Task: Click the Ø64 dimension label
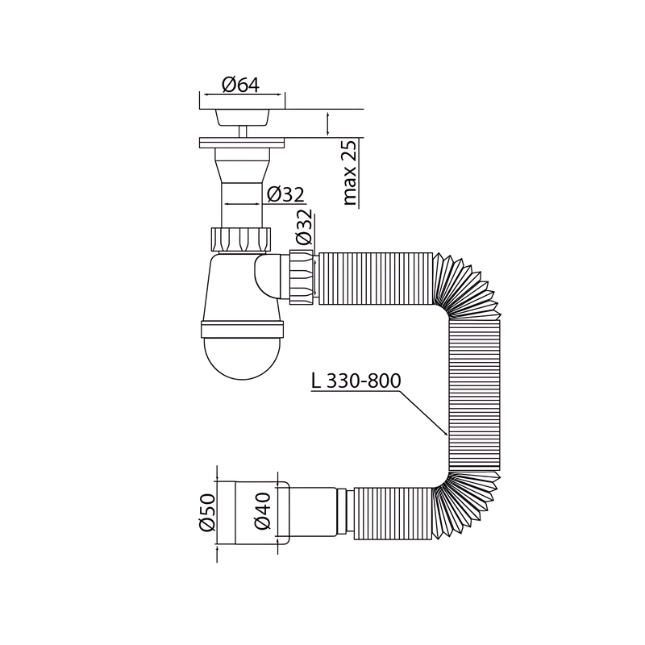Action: [x=241, y=85]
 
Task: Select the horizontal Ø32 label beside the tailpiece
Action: [x=284, y=194]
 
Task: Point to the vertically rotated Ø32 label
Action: [x=304, y=228]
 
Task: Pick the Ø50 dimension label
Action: [x=206, y=513]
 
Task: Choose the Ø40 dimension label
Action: [x=260, y=513]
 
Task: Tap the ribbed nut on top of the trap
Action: [x=241, y=239]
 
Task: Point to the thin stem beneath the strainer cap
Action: [x=241, y=131]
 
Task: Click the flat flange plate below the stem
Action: [x=241, y=143]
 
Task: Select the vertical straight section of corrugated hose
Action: [x=473, y=395]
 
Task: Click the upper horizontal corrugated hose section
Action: [x=375, y=278]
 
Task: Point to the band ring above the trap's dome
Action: [x=241, y=328]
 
